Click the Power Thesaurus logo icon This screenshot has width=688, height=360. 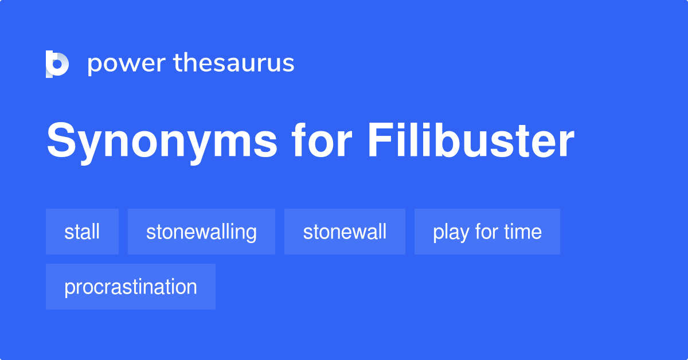(57, 64)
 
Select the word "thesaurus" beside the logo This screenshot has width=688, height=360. (234, 64)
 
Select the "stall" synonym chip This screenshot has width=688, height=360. (82, 232)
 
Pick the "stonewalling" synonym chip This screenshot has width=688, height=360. (201, 232)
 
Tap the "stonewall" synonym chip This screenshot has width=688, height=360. (345, 232)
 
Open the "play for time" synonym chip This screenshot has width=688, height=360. (487, 232)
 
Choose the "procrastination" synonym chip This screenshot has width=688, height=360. (131, 287)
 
